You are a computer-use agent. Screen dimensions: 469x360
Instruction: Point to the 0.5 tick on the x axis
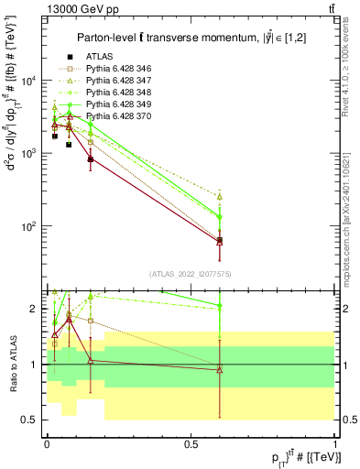(191, 445)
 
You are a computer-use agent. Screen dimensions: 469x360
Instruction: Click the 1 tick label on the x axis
(335, 445)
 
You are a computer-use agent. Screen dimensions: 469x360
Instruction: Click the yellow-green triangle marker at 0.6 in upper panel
(220, 196)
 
